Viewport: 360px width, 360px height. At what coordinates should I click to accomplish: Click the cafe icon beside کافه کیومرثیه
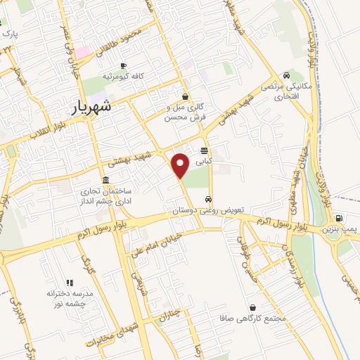[124, 65]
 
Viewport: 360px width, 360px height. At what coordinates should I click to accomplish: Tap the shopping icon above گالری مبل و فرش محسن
[185, 98]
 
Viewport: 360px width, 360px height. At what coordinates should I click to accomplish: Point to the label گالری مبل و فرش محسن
[185, 113]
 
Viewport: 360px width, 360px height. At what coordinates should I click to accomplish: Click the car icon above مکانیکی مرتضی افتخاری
[285, 75]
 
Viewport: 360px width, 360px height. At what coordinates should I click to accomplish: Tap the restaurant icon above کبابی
[204, 151]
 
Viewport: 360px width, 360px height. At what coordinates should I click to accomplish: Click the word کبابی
[203, 162]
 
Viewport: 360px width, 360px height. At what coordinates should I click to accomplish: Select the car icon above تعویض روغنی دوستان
[207, 198]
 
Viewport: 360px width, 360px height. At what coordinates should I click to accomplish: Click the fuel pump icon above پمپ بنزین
[340, 218]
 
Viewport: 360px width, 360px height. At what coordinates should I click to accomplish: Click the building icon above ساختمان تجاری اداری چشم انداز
[105, 179]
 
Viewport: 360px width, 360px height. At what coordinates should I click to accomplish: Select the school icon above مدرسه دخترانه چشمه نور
[70, 282]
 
